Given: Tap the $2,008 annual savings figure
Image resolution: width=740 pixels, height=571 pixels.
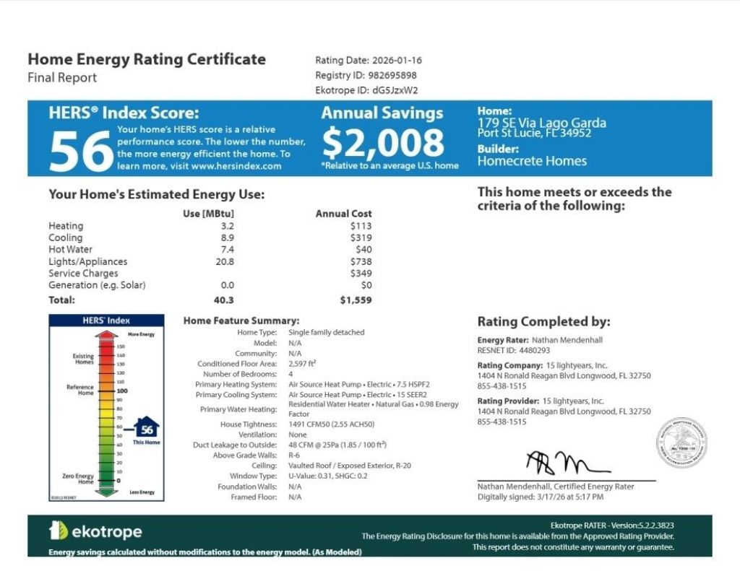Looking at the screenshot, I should coord(382,143).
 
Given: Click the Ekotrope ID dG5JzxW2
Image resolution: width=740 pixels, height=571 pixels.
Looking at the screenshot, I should coord(395,90).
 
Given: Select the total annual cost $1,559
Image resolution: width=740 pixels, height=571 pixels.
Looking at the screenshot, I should coord(356,300).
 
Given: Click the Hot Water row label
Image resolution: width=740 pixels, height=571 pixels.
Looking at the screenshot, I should coord(70,250).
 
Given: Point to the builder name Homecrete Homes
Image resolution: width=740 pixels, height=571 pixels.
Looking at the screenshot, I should coord(532,161).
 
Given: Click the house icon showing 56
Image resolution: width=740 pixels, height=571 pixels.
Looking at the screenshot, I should coord(147,428).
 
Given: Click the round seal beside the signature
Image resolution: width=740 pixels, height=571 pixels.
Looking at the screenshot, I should coord(681,442).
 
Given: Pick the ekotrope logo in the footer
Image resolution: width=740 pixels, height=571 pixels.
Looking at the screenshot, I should coord(95,532).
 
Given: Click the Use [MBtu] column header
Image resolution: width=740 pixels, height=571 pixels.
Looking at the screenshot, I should coord(209,214).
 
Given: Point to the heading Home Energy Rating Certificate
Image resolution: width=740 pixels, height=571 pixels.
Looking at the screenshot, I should coord(147,59).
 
